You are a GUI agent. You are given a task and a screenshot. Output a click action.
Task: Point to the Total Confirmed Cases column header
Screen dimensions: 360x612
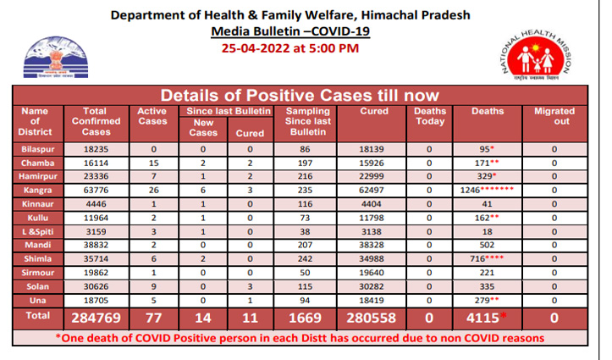[x=94, y=121]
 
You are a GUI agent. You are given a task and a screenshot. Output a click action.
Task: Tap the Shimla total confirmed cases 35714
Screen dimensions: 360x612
[x=94, y=257]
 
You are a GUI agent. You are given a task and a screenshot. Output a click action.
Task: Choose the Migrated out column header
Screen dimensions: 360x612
[x=554, y=116]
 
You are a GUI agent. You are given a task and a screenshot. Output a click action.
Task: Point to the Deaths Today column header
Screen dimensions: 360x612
[x=430, y=116]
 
